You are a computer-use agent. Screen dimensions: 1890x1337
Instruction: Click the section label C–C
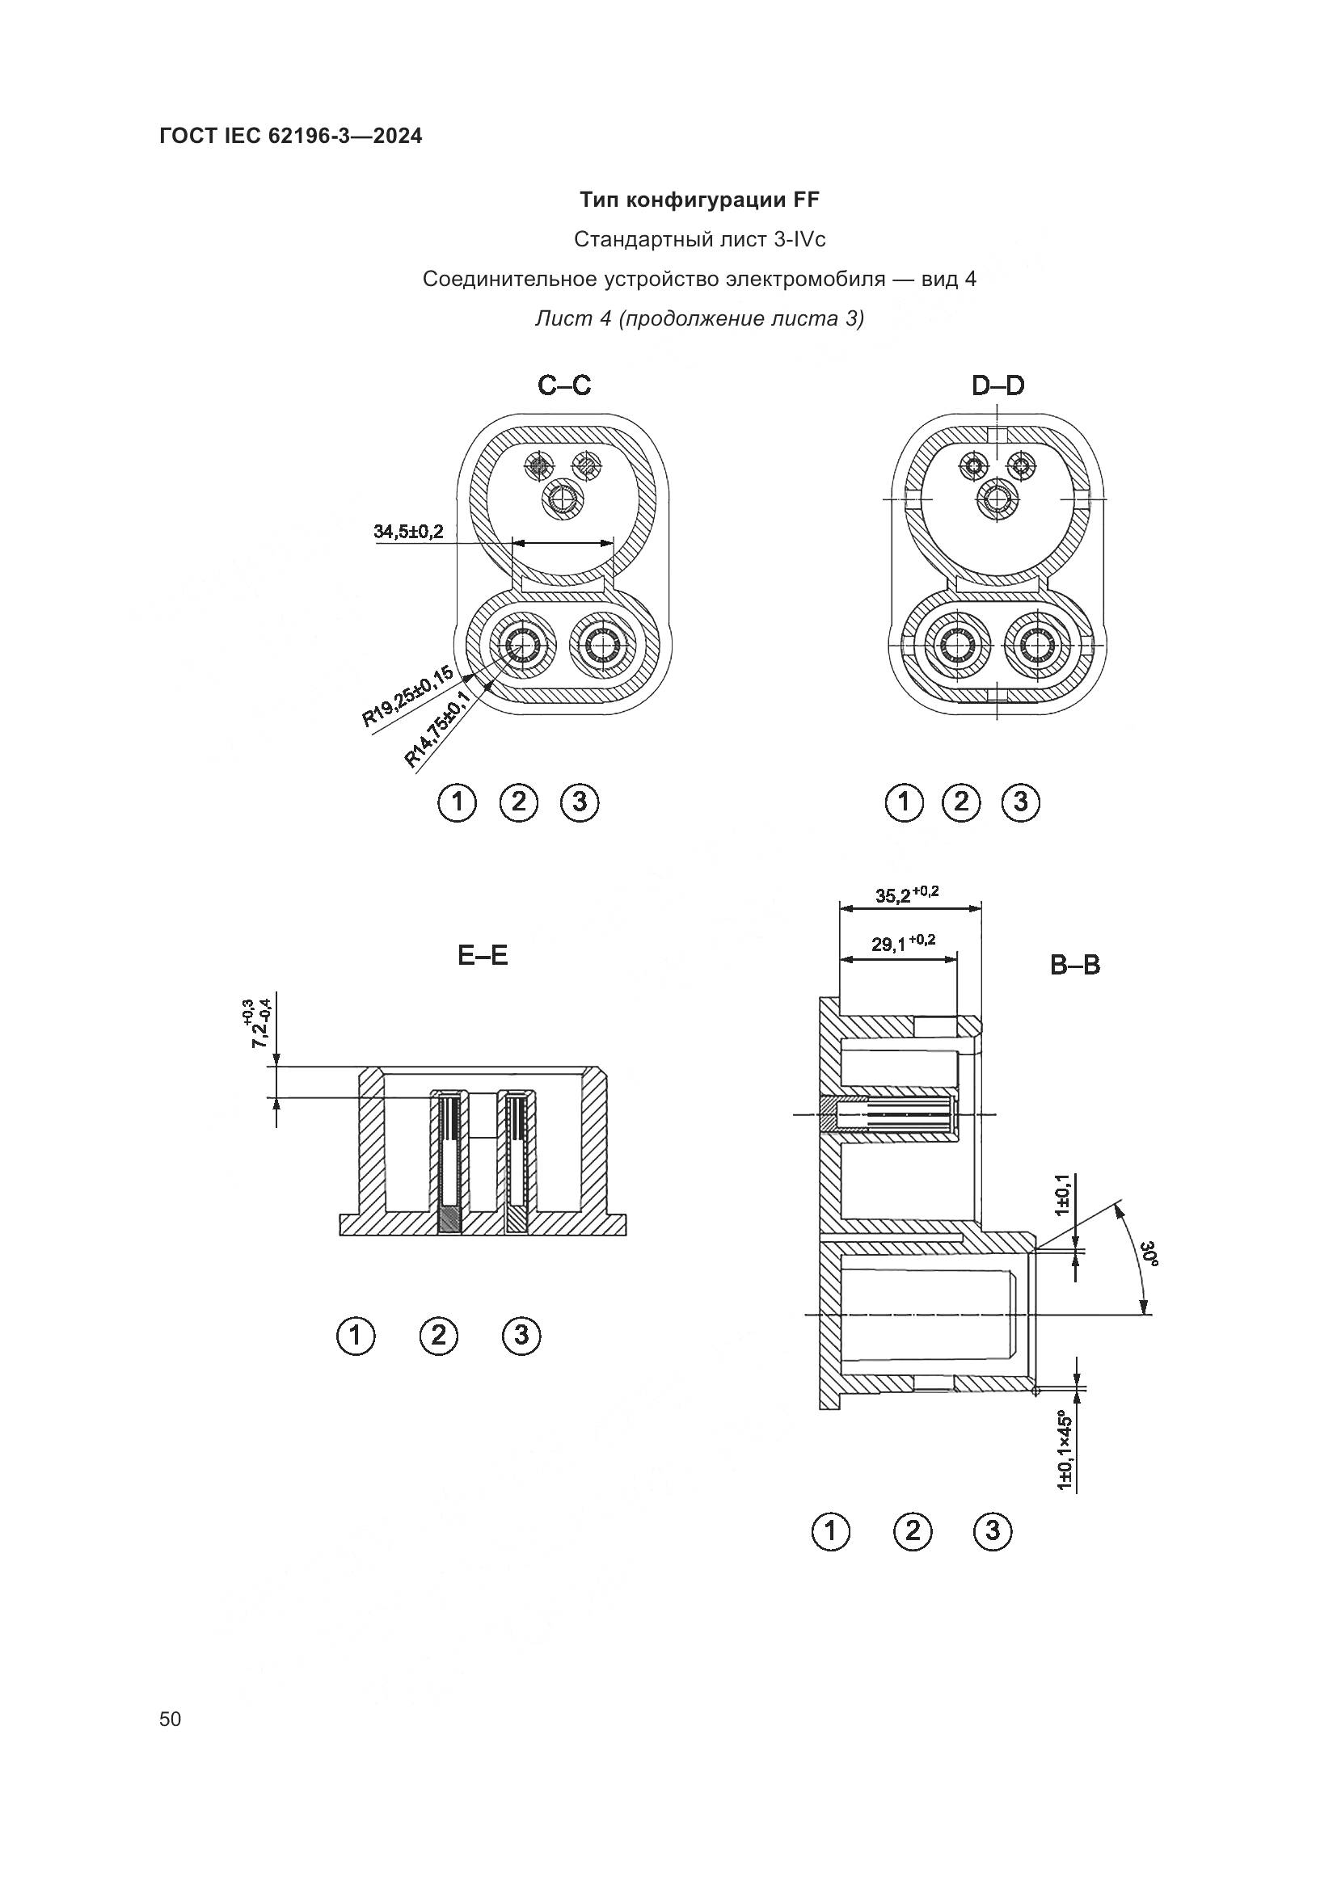click(564, 385)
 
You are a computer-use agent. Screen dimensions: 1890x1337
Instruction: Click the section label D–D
click(997, 385)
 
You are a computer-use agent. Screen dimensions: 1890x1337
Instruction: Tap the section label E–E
click(483, 955)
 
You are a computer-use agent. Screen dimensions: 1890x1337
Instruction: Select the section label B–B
click(1074, 965)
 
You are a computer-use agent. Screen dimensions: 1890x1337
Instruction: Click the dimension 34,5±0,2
click(408, 531)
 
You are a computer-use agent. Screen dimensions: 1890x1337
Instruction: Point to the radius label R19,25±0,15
click(407, 697)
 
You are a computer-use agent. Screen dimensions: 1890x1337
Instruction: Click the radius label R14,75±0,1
click(437, 730)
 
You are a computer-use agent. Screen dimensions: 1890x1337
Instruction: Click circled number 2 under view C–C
click(519, 802)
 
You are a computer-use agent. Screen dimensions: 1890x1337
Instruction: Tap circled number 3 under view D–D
click(1021, 802)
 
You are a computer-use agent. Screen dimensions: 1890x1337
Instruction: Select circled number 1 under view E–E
click(356, 1334)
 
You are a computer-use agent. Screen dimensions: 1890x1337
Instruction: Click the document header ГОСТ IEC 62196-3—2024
click(291, 137)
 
